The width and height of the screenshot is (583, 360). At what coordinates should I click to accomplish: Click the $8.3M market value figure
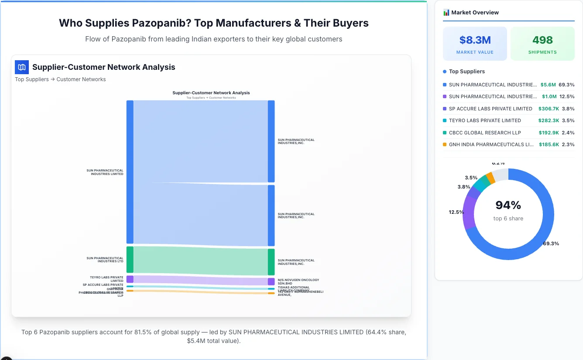[x=475, y=40]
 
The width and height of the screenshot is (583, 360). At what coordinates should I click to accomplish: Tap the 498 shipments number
[x=542, y=40]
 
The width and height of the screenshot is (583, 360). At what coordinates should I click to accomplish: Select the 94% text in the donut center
[x=508, y=205]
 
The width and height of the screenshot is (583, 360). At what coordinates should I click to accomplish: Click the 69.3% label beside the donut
[x=551, y=243]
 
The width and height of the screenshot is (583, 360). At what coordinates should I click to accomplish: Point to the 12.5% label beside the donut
[x=456, y=212]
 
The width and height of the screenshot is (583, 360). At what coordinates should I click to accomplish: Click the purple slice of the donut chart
[x=469, y=212]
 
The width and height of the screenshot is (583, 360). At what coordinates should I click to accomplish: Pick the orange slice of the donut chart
[x=490, y=178]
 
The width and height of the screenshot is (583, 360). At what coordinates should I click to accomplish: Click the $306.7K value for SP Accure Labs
[x=549, y=109]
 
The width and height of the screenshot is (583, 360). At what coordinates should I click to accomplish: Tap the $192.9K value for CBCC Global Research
[x=549, y=133]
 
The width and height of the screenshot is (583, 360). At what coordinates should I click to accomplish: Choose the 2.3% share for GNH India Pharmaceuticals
[x=568, y=144]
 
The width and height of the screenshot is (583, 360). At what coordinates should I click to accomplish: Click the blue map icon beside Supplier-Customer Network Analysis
[x=22, y=67]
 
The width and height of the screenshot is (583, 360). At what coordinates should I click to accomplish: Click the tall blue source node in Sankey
[x=130, y=172]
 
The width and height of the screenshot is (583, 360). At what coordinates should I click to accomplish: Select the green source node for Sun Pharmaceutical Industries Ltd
[x=130, y=260]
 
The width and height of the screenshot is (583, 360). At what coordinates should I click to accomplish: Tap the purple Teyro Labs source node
[x=130, y=279]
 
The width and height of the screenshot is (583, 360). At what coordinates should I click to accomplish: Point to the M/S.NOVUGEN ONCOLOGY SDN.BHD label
[x=298, y=281]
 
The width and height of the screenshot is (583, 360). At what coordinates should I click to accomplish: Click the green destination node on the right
[x=271, y=262]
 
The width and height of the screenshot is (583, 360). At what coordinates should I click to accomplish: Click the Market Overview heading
[x=474, y=13]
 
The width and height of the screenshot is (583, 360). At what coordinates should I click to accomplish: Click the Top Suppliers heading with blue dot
[x=466, y=72]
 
